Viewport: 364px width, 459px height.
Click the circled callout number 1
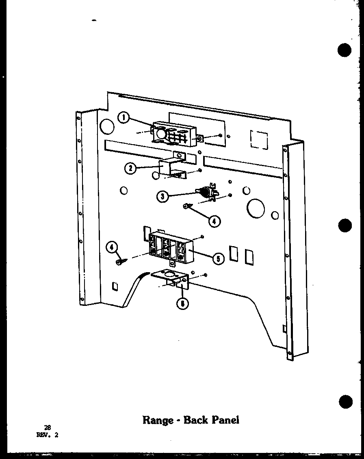123,118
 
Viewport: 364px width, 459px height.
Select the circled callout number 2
130,168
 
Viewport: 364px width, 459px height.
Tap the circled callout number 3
162,197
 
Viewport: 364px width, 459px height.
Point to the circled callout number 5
218,258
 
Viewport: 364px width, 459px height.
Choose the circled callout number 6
184,303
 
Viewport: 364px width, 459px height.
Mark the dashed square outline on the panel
259,139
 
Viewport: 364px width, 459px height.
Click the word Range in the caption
158,420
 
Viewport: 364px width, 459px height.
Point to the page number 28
47,427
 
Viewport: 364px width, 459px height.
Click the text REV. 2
47,434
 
